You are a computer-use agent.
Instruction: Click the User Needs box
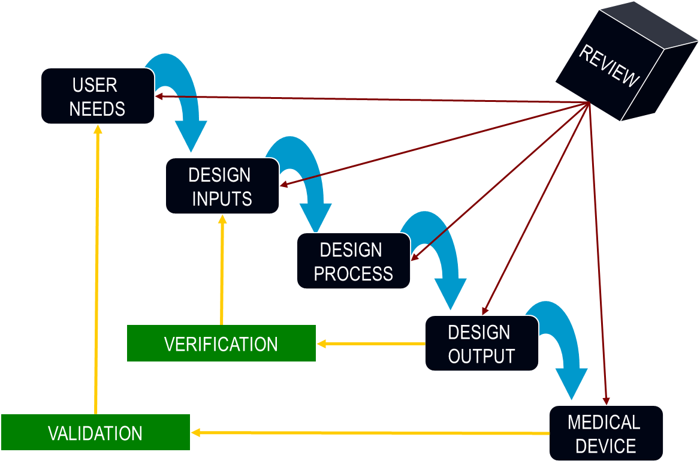click(x=97, y=96)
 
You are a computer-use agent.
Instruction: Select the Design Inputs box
click(x=222, y=186)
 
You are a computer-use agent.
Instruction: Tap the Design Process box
click(x=353, y=261)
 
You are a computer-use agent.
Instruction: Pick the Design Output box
click(x=481, y=344)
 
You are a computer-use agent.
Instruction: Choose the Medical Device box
click(x=605, y=433)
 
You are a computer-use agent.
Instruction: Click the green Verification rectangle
click(x=221, y=344)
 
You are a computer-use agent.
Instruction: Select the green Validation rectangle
click(x=95, y=432)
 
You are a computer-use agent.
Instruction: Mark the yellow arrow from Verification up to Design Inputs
click(x=222, y=270)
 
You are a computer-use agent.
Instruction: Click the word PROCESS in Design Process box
click(x=353, y=273)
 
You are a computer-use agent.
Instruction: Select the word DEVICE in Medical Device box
click(x=605, y=446)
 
